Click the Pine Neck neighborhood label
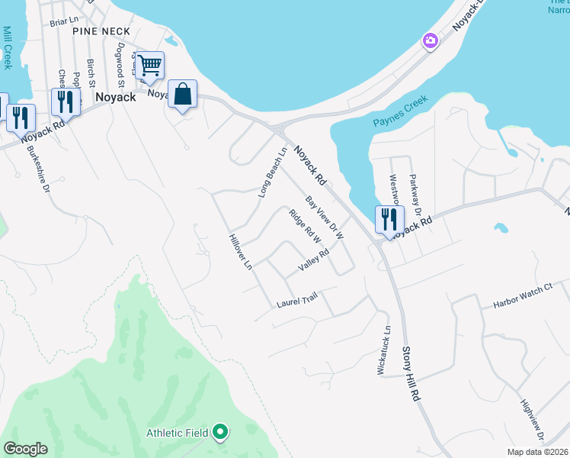click(x=102, y=31)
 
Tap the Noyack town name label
click(x=116, y=98)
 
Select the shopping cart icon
click(x=149, y=65)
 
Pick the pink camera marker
click(x=431, y=40)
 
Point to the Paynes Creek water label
click(x=401, y=114)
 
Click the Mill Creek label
click(x=8, y=48)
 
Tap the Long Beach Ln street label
click(x=272, y=173)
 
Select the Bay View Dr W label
click(x=325, y=218)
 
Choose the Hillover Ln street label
click(x=240, y=252)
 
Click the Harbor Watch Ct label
click(x=522, y=298)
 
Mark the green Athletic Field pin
click(x=221, y=433)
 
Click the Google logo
click(x=25, y=449)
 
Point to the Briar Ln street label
click(x=64, y=22)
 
